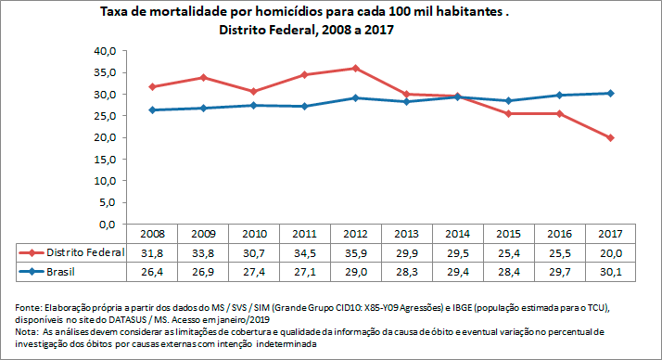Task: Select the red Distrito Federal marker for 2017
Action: point(609,137)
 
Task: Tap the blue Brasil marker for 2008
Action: point(151,109)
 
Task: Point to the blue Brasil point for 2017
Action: point(609,93)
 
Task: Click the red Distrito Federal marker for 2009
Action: point(202,77)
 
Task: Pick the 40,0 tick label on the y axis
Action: point(103,51)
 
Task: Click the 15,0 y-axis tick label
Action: point(103,160)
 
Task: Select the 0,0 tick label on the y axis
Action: point(106,225)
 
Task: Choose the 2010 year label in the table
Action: point(253,234)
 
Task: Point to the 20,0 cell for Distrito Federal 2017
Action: point(609,252)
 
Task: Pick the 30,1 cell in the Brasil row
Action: point(609,271)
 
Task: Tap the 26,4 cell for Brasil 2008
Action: point(151,271)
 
